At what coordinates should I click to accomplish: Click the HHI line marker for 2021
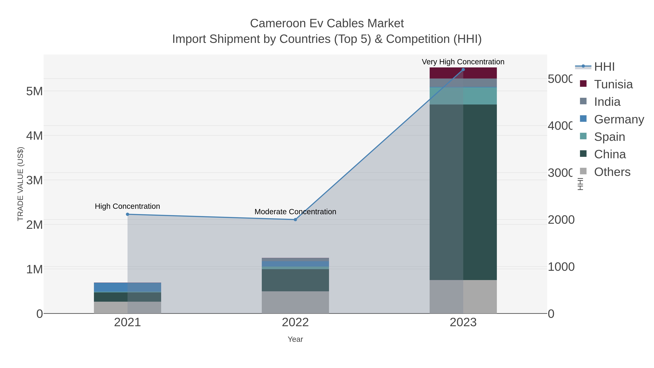click(x=128, y=214)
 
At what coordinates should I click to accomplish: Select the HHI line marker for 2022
click(x=295, y=219)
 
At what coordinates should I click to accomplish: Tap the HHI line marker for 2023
click(x=463, y=69)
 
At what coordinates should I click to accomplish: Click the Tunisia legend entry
click(x=613, y=84)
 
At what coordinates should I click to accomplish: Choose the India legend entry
click(x=607, y=102)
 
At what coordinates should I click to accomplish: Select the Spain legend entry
click(x=609, y=137)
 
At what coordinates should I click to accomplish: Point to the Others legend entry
click(x=612, y=172)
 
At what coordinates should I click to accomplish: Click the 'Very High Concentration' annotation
click(x=463, y=62)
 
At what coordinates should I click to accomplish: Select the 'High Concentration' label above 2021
click(x=128, y=206)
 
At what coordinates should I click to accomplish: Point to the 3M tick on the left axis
click(x=35, y=180)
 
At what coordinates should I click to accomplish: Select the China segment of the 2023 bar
click(x=463, y=192)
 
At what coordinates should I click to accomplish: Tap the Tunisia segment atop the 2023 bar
click(x=463, y=73)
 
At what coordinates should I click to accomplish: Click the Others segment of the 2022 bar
click(x=295, y=302)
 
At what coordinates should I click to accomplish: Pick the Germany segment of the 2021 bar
click(x=128, y=287)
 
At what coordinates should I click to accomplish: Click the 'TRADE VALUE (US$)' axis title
click(x=20, y=184)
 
